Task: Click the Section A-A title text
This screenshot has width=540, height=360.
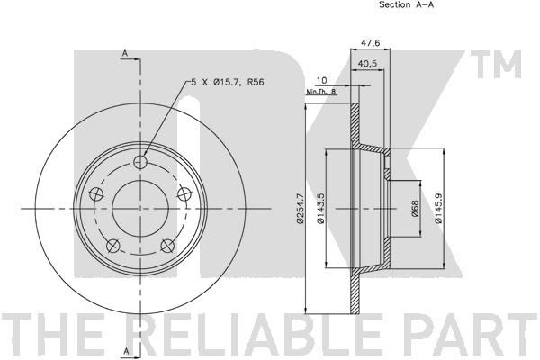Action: click(x=406, y=4)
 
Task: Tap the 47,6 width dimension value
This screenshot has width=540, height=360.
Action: click(x=370, y=43)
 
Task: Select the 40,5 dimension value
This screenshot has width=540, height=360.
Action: click(x=367, y=64)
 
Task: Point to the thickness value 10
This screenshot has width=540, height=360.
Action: click(x=321, y=81)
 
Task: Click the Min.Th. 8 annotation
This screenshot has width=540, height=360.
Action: click(x=320, y=92)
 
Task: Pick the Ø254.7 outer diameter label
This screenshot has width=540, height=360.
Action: click(x=301, y=209)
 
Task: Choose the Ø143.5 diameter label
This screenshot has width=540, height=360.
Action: click(x=320, y=209)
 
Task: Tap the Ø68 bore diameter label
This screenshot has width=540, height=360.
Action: click(x=415, y=209)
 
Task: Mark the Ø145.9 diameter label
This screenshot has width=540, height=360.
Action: click(x=438, y=209)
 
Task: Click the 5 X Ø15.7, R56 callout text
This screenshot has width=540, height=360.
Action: click(x=228, y=82)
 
